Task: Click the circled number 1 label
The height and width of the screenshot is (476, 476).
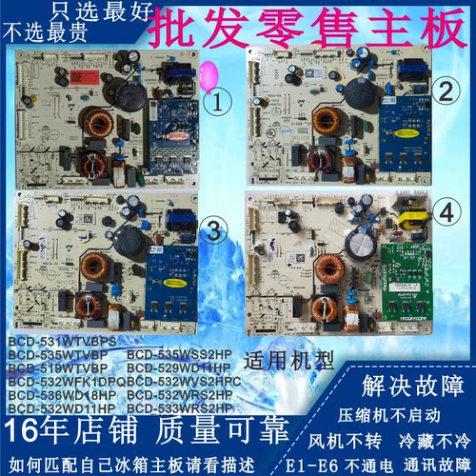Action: point(219,98)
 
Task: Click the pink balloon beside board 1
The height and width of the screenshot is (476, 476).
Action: point(204,72)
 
